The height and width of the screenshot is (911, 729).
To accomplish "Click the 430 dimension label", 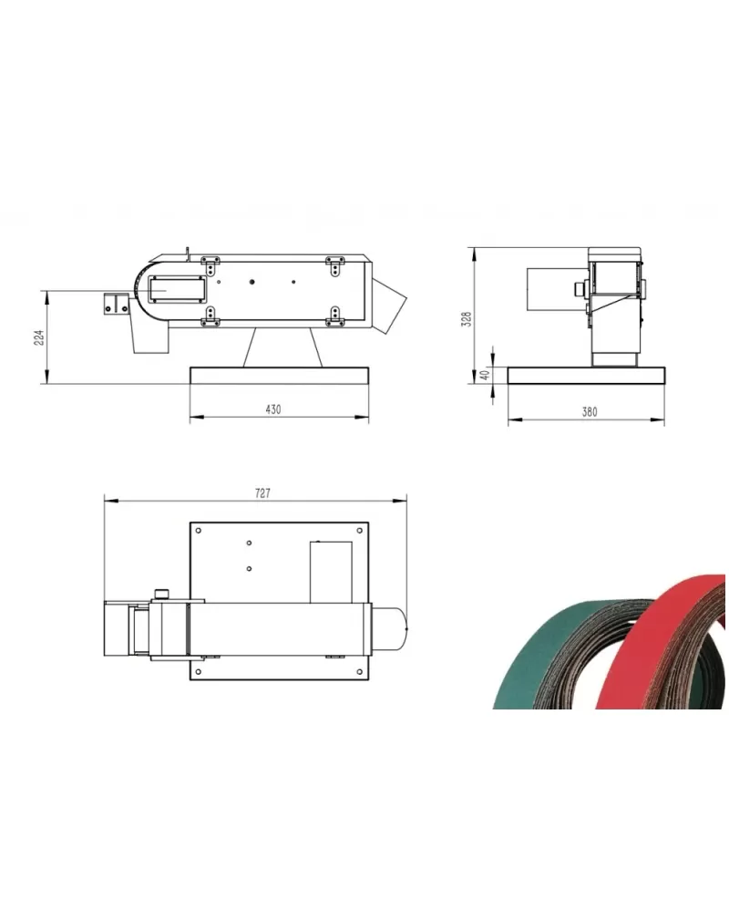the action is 273,409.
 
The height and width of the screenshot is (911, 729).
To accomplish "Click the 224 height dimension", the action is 39,337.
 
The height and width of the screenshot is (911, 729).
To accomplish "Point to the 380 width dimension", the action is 590,412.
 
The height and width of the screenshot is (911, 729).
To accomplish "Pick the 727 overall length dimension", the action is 263,493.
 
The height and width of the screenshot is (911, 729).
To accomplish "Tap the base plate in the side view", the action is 279,376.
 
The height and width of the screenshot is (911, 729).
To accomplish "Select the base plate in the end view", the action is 586,376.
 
